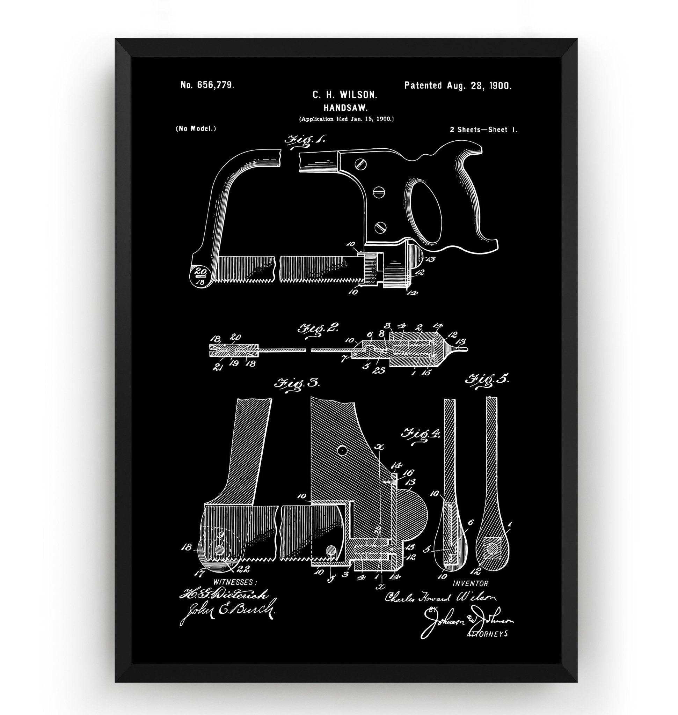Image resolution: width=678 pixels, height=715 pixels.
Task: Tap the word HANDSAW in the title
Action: click(x=345, y=108)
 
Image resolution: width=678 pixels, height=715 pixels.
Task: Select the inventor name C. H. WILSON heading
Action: click(x=345, y=95)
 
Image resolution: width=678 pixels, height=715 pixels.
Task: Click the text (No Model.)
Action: click(x=196, y=129)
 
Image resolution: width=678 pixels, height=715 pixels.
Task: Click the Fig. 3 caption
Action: click(x=298, y=384)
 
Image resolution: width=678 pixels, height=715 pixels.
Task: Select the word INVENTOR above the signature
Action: click(x=470, y=583)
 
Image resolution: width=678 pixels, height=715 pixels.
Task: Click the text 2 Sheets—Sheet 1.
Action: click(x=483, y=130)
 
